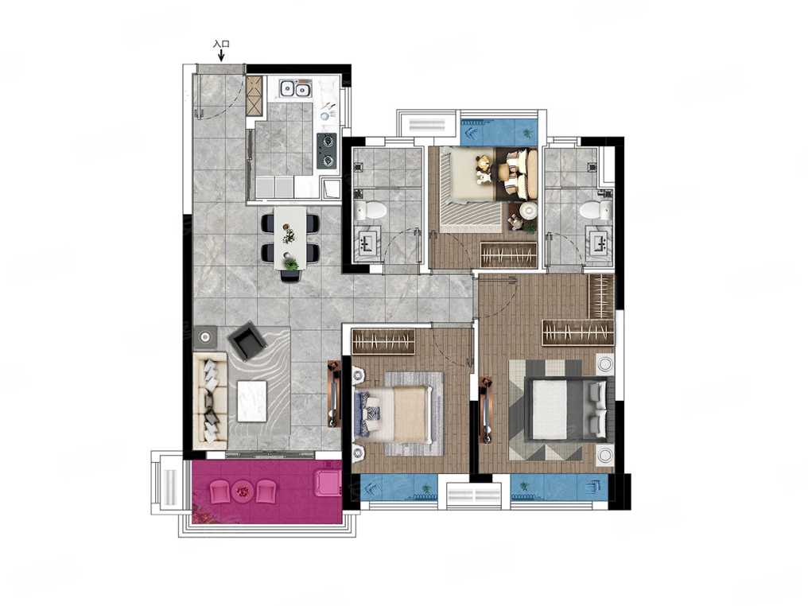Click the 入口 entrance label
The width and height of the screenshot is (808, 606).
click(x=221, y=45)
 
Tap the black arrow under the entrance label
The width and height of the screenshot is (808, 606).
click(x=222, y=55)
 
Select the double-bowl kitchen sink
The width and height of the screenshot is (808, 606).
click(x=295, y=90)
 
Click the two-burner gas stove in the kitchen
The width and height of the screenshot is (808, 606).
click(x=327, y=151)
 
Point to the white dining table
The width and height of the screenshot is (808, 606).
click(x=290, y=238)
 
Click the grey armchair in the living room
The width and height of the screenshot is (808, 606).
click(x=247, y=342)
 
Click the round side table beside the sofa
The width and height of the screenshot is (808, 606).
click(x=205, y=337)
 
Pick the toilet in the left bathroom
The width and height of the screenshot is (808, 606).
click(x=371, y=210)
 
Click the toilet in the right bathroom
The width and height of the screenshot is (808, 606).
click(x=595, y=210)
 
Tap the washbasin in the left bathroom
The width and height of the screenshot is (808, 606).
click(x=369, y=243)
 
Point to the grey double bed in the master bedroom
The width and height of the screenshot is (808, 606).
click(x=565, y=409)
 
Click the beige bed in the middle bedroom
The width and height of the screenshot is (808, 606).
click(x=394, y=415)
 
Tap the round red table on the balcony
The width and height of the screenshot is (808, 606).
click(x=243, y=491)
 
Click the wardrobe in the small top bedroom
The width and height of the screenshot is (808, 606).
click(x=509, y=254)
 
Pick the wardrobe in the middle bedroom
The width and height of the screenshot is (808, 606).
click(x=383, y=341)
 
